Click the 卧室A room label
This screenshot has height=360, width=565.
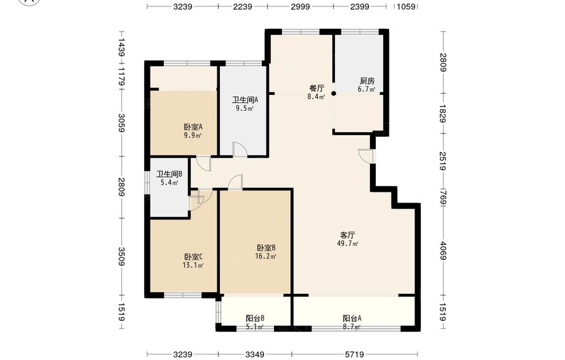point(193,127)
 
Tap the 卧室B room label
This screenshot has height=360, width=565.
point(266,248)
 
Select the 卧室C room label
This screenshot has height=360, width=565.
point(193,257)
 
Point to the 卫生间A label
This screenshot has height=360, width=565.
point(245,100)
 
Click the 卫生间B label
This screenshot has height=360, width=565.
point(169,174)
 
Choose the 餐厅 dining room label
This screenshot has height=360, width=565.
point(317,88)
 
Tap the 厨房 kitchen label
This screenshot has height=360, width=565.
point(367,81)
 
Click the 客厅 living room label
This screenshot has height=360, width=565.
point(347,235)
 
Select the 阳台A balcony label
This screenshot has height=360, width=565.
point(352,319)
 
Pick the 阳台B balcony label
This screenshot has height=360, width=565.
point(255,319)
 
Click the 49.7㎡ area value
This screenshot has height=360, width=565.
point(347,244)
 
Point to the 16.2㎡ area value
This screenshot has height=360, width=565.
point(266,257)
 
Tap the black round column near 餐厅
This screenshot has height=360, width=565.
point(334,94)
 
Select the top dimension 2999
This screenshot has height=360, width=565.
point(301,6)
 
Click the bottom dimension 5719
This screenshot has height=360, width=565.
point(354,354)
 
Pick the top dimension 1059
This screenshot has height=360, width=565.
point(406,6)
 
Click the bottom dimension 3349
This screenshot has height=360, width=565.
point(255,354)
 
